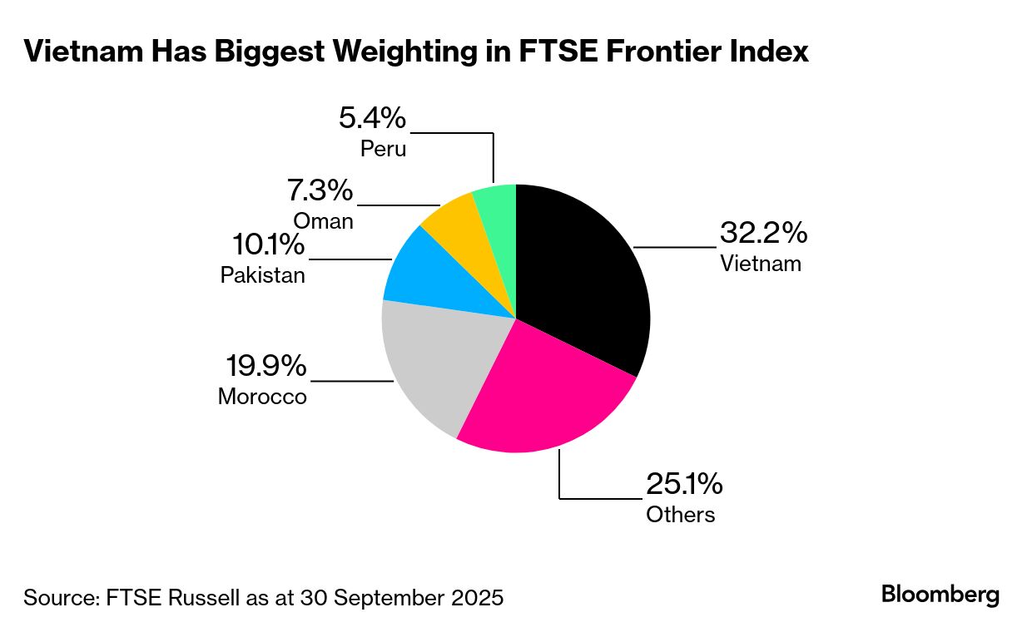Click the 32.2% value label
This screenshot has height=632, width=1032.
tap(763, 233)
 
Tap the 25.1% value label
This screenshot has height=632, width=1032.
tap(685, 483)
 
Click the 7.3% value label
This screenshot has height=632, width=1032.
tap(320, 191)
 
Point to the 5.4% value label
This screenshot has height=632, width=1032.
tap(372, 118)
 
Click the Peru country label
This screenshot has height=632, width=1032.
tap(384, 149)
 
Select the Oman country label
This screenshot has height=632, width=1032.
tap(323, 221)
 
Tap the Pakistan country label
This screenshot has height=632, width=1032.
tap(262, 275)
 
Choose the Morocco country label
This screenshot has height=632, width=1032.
tap(262, 397)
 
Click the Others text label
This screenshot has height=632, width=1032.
tap(680, 514)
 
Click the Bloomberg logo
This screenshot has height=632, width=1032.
tap(940, 595)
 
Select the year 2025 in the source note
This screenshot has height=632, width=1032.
tap(474, 597)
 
